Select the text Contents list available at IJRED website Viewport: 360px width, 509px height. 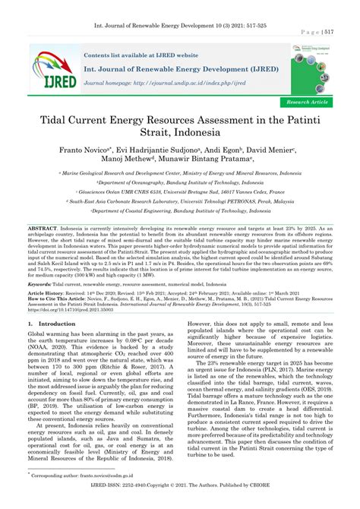(x=141, y=55)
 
